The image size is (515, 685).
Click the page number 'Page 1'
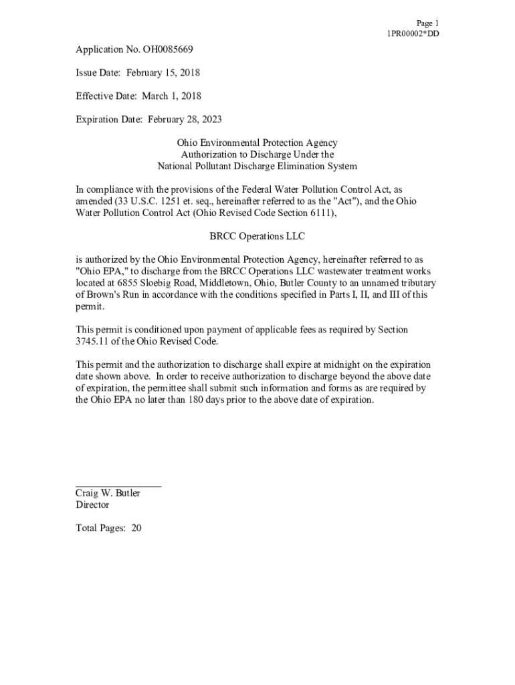point(427,23)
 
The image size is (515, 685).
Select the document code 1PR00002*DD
point(413,34)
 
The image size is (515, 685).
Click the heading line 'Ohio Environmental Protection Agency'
point(257,142)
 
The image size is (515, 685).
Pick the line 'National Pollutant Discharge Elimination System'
point(257,166)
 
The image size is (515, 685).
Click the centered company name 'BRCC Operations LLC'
point(257,236)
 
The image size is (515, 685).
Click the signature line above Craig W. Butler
point(118,486)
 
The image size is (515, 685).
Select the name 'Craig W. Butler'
point(108,494)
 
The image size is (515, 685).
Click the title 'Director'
point(92,505)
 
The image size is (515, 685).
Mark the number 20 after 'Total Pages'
point(136,528)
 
